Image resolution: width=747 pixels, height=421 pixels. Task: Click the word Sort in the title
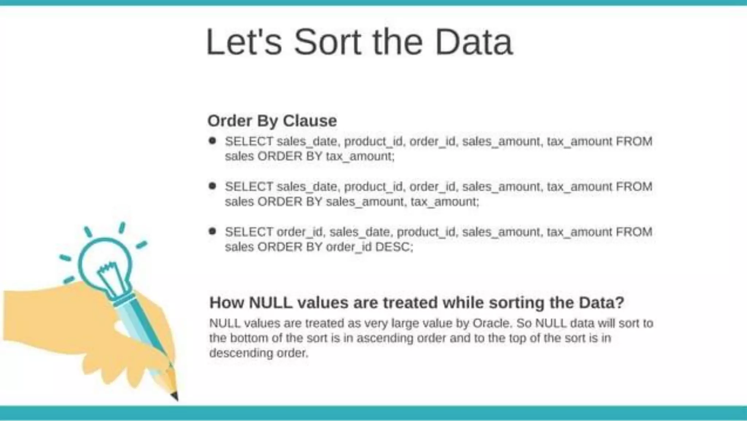point(327,43)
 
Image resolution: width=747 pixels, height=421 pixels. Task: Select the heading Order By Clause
point(272,121)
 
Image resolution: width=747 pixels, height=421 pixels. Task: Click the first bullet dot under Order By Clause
point(212,141)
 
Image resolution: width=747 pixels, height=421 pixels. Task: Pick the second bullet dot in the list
point(212,186)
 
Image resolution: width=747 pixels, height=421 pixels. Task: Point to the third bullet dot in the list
point(212,231)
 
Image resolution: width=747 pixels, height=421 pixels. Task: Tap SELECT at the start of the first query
point(249,141)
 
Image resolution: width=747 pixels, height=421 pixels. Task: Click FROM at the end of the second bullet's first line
point(634,187)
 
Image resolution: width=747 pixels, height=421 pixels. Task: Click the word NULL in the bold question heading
point(271,303)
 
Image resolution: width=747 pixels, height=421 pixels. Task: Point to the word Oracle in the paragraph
point(491,323)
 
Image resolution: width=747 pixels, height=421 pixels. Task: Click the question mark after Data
point(620,303)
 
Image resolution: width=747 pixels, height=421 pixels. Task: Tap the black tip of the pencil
point(175,396)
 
